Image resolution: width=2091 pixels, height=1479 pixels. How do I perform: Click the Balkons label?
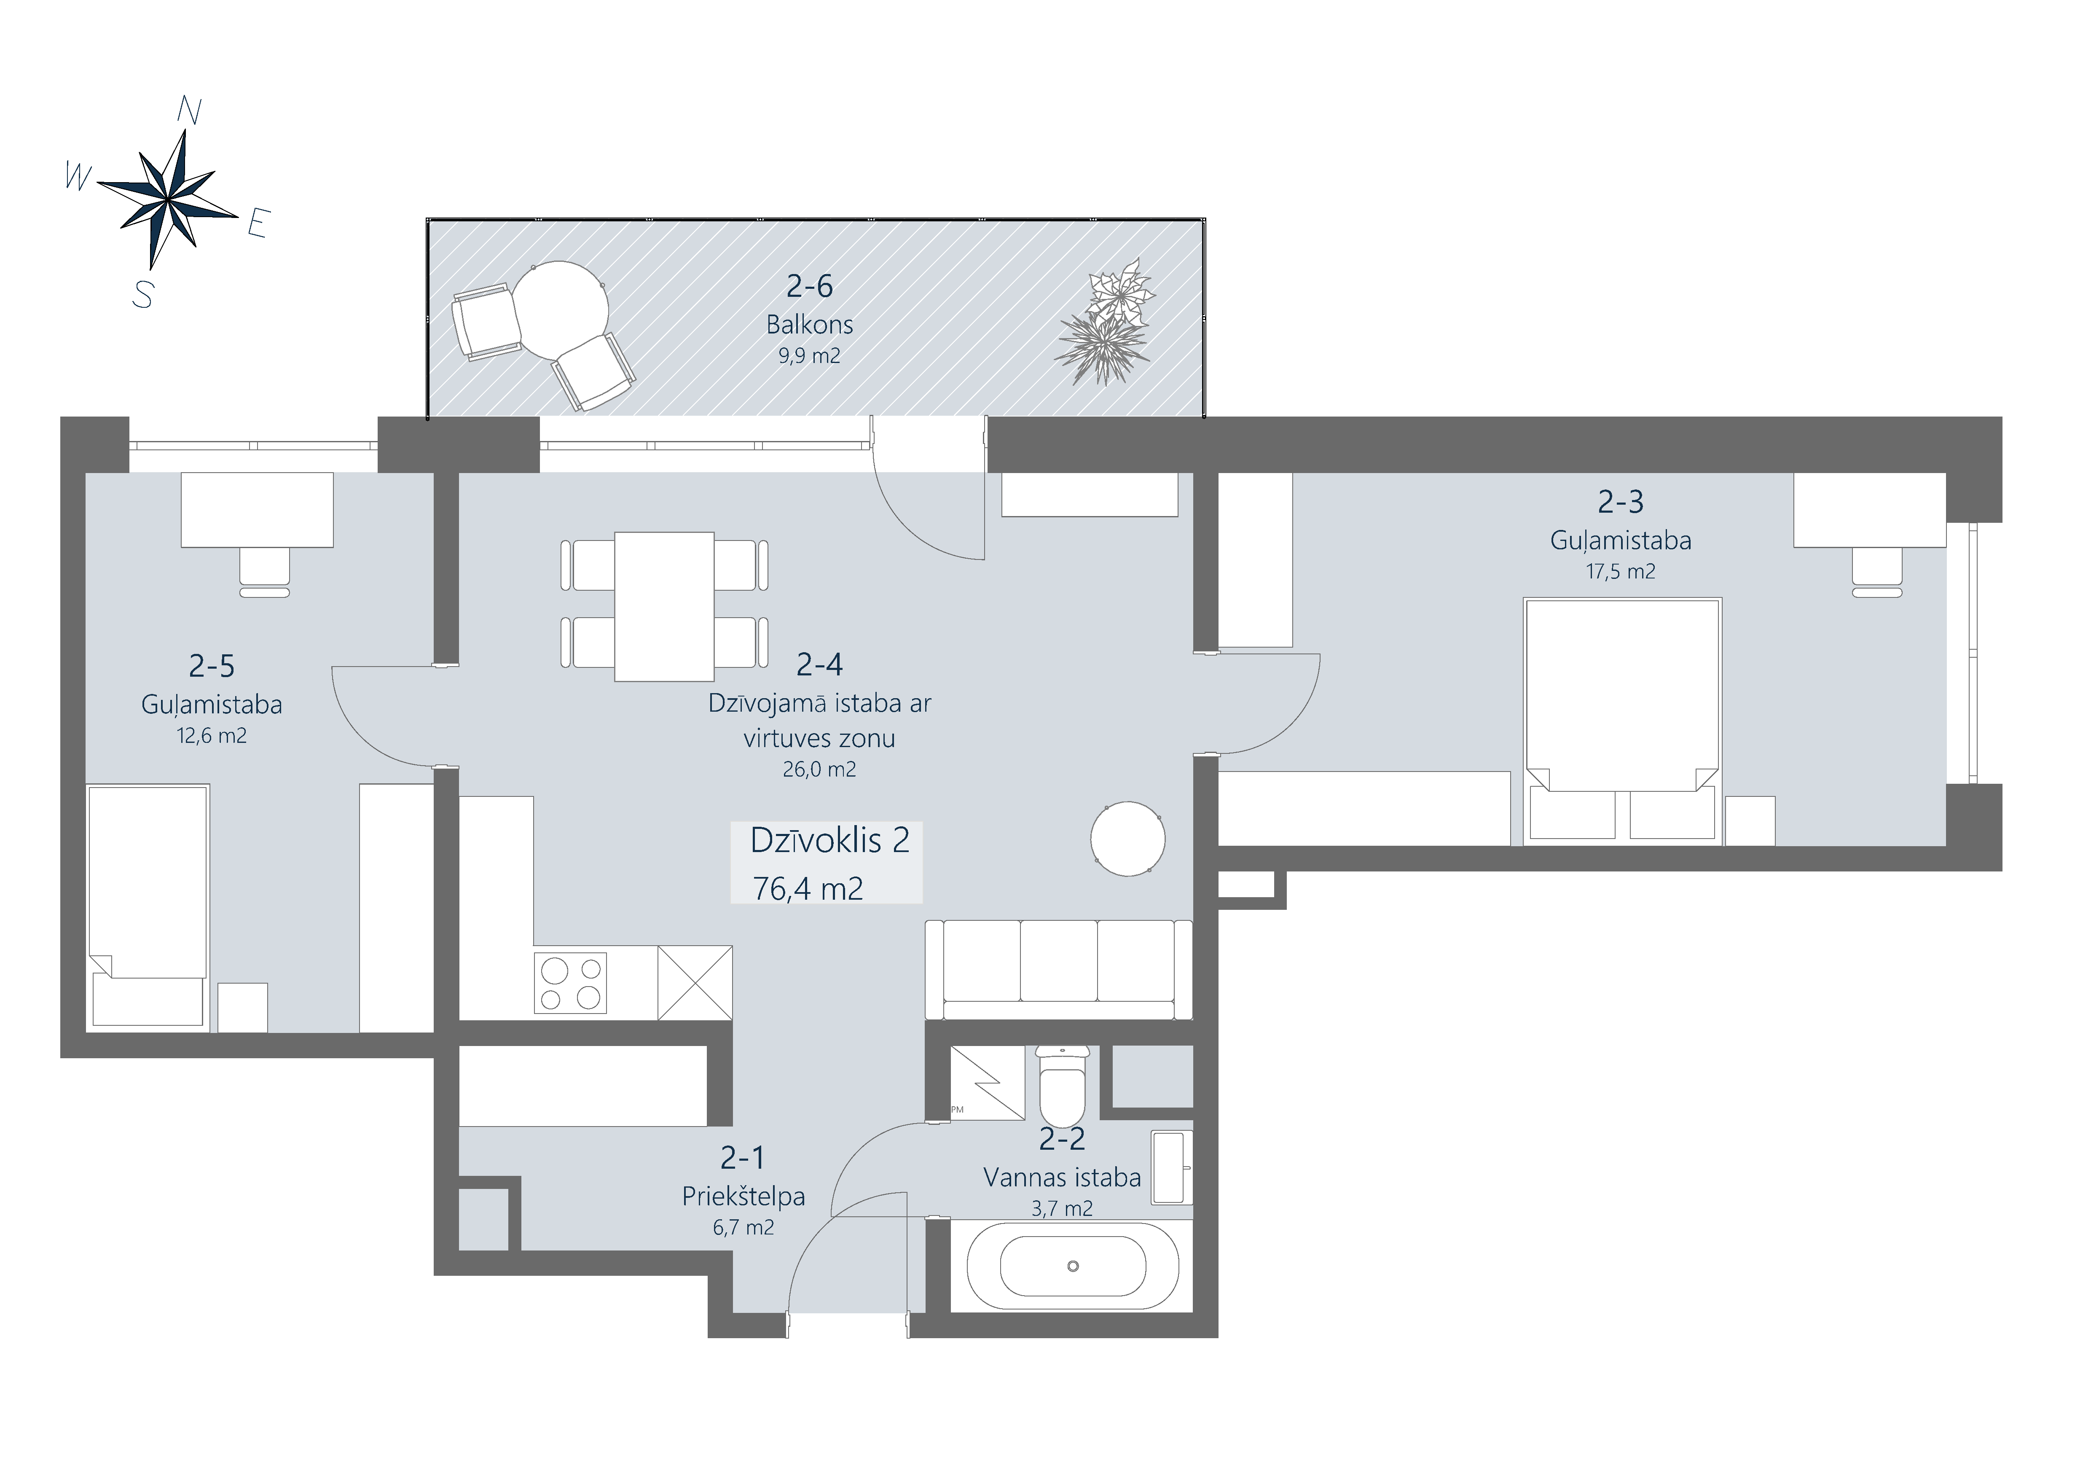point(810,324)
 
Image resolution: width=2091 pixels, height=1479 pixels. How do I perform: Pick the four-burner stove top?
point(571,984)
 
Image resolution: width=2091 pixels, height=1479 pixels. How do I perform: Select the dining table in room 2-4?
point(664,607)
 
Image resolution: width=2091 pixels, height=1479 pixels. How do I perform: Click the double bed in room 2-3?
point(1623,721)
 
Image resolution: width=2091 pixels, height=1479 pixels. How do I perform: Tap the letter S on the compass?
point(143,294)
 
